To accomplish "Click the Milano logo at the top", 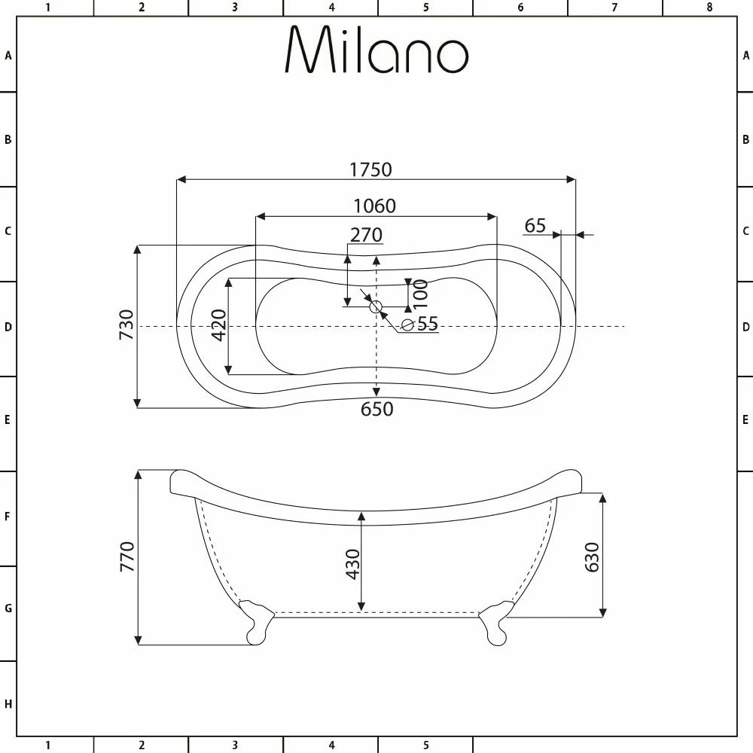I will pyautogui.click(x=376, y=50).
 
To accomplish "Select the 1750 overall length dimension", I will pyautogui.click(x=370, y=169).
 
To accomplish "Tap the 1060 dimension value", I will pyautogui.click(x=374, y=206).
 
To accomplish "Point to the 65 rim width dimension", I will pyautogui.click(x=535, y=226).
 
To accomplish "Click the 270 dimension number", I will pyautogui.click(x=366, y=235).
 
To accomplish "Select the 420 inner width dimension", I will pyautogui.click(x=218, y=325).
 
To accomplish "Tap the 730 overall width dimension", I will pyautogui.click(x=127, y=325).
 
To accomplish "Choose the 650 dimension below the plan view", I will pyautogui.click(x=376, y=409).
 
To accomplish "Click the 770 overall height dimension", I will pyautogui.click(x=127, y=556).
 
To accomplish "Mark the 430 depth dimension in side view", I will pyautogui.click(x=352, y=564).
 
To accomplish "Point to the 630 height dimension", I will pyautogui.click(x=592, y=556).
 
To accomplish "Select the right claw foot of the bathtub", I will pyautogui.click(x=495, y=623).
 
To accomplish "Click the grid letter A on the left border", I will pyautogui.click(x=8, y=55).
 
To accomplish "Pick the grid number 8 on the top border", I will pyautogui.click(x=709, y=8).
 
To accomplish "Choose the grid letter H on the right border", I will pyautogui.click(x=745, y=705).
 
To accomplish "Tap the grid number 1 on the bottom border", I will pyautogui.click(x=47, y=745).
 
